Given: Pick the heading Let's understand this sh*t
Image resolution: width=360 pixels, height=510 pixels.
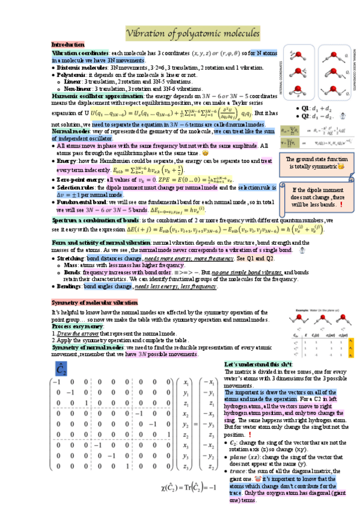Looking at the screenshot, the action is (x=257, y=364).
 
